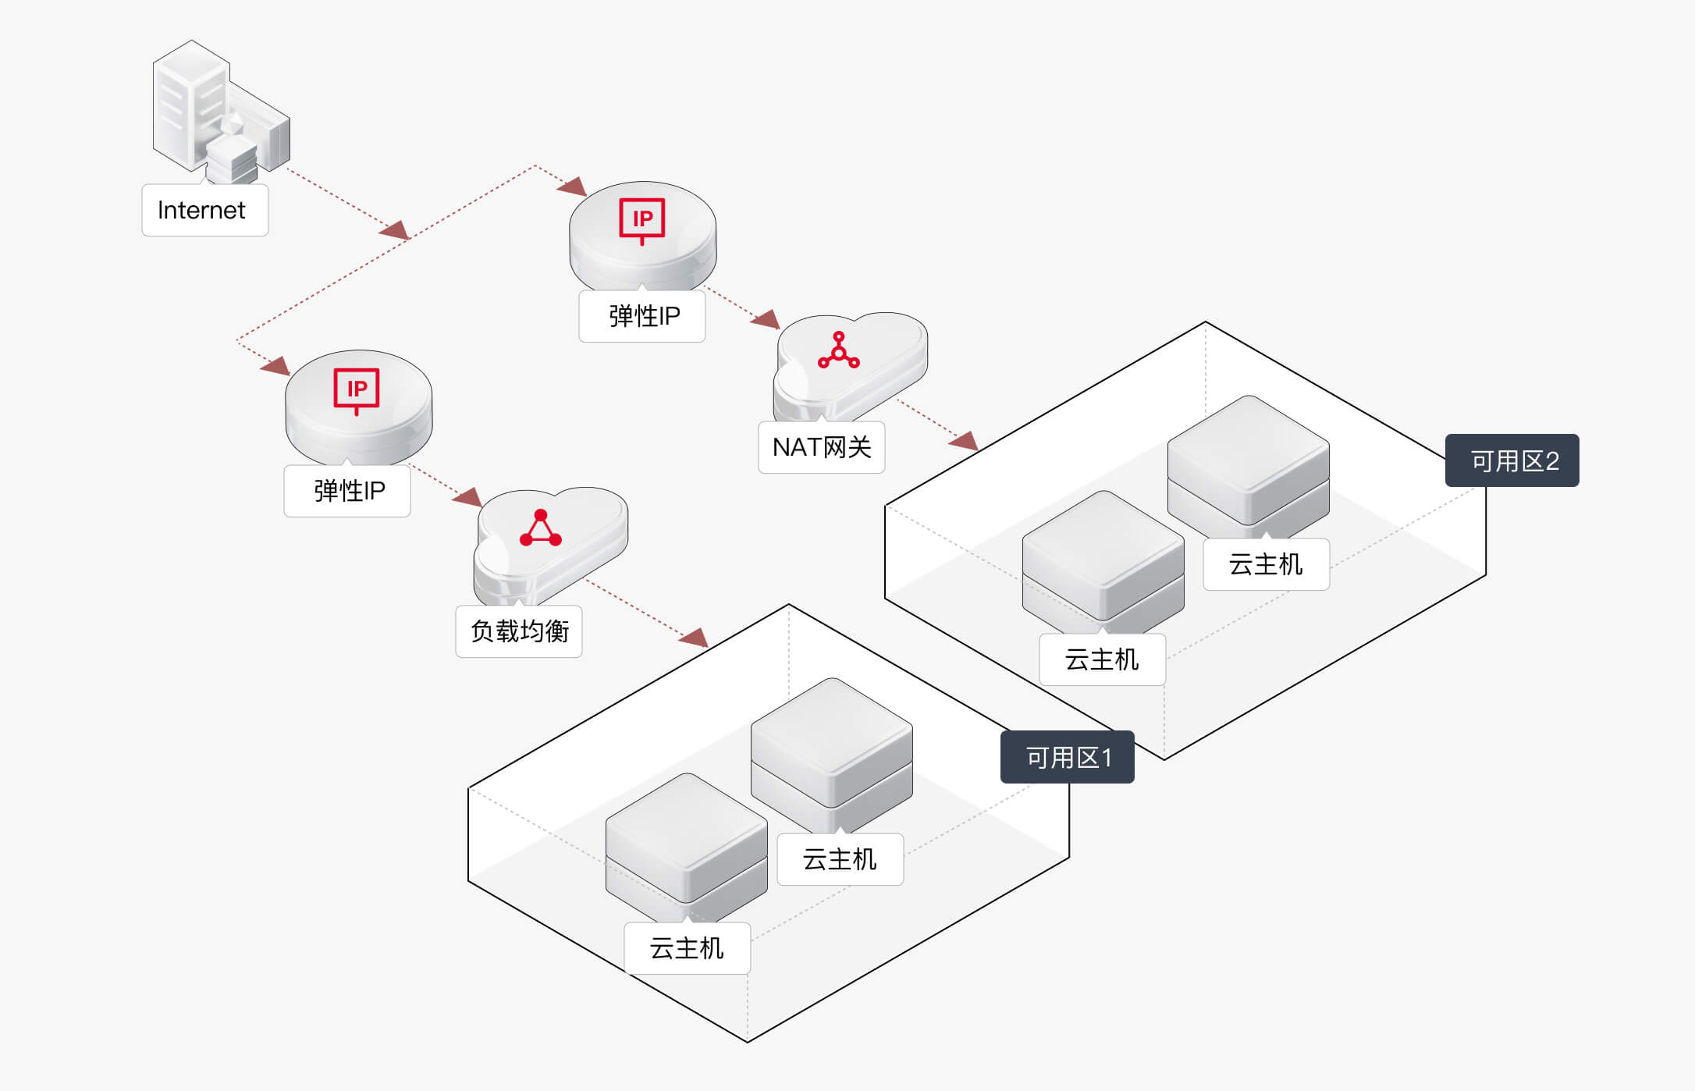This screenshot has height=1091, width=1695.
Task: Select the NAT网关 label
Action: pyautogui.click(x=821, y=447)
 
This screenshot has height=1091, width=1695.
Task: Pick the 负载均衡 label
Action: pyautogui.click(x=519, y=631)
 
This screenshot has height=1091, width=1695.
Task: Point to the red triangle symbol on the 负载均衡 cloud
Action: pyautogui.click(x=540, y=529)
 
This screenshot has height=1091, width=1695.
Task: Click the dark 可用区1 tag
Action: pyautogui.click(x=1067, y=757)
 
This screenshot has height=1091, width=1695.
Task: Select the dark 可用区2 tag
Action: pyautogui.click(x=1512, y=460)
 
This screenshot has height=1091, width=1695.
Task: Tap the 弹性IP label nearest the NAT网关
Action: pyautogui.click(x=642, y=316)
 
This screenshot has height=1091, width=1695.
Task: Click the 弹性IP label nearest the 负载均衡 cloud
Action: pyautogui.click(x=347, y=491)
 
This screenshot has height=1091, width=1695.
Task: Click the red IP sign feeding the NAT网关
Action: pyautogui.click(x=641, y=219)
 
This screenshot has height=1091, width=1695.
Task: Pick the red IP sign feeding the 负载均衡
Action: pyautogui.click(x=357, y=389)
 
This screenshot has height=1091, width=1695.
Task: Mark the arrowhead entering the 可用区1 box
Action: pyautogui.click(x=695, y=638)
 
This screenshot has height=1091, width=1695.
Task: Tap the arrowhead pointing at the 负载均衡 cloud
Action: pyautogui.click(x=468, y=496)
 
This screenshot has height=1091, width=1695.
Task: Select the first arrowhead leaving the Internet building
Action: pyautogui.click(x=395, y=229)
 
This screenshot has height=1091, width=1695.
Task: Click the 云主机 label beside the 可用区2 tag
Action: pyautogui.click(x=1266, y=564)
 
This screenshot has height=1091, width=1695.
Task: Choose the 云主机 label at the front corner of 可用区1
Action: pyautogui.click(x=687, y=948)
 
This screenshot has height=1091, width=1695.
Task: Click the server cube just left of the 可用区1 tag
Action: pyautogui.click(x=832, y=749)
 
